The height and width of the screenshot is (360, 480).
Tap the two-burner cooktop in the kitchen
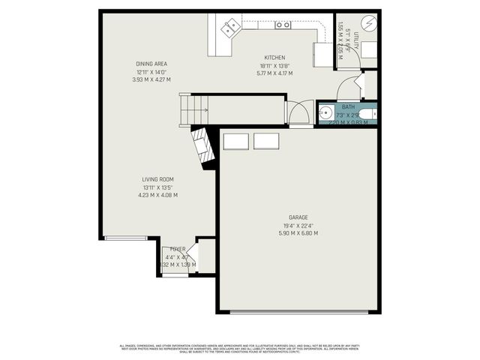(283, 25)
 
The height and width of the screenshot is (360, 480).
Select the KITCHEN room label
(274, 58)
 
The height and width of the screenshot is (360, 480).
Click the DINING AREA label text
(151, 64)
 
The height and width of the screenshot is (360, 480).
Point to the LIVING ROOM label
(157, 179)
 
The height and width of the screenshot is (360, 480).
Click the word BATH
(349, 107)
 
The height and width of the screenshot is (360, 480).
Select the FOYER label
(178, 249)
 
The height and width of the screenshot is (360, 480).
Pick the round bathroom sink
(324, 114)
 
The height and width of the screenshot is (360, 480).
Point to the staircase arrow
(196, 111)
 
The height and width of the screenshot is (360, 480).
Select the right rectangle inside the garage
(265, 141)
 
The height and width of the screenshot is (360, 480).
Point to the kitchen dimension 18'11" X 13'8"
(274, 65)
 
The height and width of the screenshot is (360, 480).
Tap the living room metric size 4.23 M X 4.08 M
(157, 195)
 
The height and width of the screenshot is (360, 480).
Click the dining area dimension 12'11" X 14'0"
(151, 71)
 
